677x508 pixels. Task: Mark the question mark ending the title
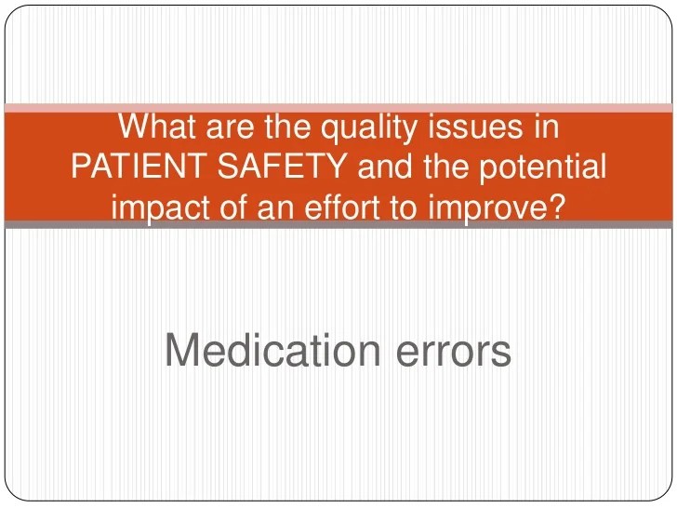pyautogui.click(x=554, y=207)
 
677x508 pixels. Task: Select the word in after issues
pyautogui.click(x=542, y=127)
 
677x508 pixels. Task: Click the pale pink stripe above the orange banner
pyautogui.click(x=338, y=108)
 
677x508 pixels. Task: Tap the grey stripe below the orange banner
pyautogui.click(x=338, y=224)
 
